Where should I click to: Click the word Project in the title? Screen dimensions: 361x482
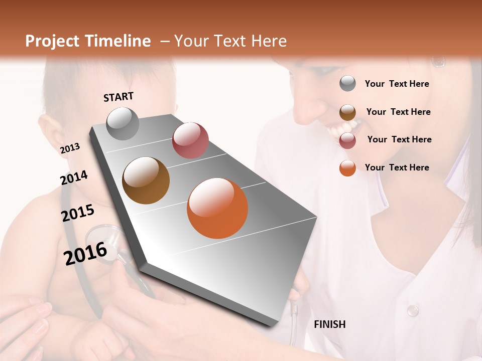pyautogui.click(x=51, y=41)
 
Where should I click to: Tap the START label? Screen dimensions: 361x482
pyautogui.click(x=118, y=97)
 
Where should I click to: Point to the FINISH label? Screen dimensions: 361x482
pyautogui.click(x=329, y=324)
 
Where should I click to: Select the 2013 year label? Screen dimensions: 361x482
pyautogui.click(x=70, y=148)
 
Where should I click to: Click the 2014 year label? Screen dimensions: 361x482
pyautogui.click(x=74, y=177)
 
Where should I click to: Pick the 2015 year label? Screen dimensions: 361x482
pyautogui.click(x=77, y=213)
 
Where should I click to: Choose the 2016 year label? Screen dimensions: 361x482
pyautogui.click(x=85, y=253)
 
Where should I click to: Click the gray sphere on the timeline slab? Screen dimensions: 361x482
pyautogui.click(x=123, y=123)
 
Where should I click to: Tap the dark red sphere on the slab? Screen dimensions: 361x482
pyautogui.click(x=190, y=140)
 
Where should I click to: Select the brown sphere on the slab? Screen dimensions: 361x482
pyautogui.click(x=146, y=180)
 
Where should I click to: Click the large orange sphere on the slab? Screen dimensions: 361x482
pyautogui.click(x=217, y=208)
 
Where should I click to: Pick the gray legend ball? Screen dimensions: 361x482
pyautogui.click(x=347, y=83)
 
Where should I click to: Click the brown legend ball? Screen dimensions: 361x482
pyautogui.click(x=347, y=112)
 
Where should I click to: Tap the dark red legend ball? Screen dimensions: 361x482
pyautogui.click(x=347, y=140)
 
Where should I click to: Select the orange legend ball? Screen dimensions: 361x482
pyautogui.click(x=347, y=168)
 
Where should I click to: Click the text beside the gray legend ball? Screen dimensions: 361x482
pyautogui.click(x=397, y=84)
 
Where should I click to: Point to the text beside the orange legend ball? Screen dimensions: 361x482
pyautogui.click(x=397, y=167)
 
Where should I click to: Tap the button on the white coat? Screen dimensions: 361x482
pyautogui.click(x=412, y=310)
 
